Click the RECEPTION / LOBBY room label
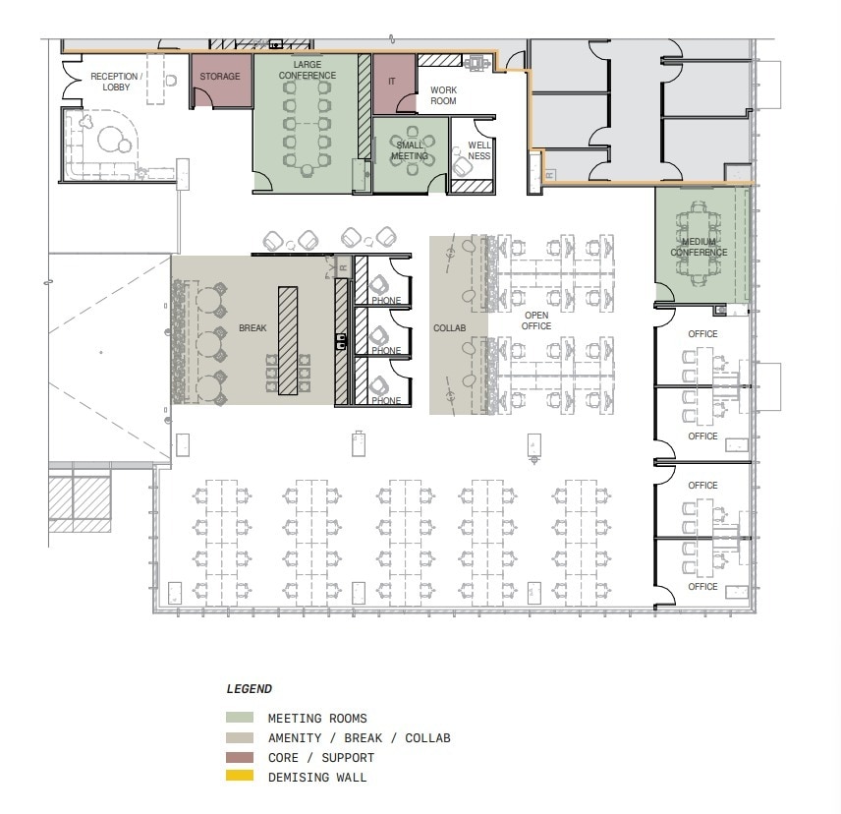pos(116,82)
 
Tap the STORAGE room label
pos(220,77)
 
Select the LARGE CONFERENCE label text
pos(307,70)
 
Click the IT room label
pos(392,82)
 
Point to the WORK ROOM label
pos(443,95)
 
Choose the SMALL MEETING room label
pos(410,150)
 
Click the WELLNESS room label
pos(478,150)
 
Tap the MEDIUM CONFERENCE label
pos(699,247)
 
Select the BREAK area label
pos(252,328)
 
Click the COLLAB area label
pos(449,328)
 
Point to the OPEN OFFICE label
pos(536,320)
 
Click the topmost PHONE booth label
pos(386,301)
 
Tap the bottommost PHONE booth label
pos(386,401)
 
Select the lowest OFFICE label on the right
pos(702,587)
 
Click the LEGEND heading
pos(250,689)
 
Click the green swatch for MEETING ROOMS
pos(240,719)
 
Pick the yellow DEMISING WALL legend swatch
pos(240,777)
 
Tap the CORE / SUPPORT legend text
pos(320,758)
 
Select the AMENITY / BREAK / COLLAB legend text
pos(359,738)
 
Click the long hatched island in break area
pos(288,340)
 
